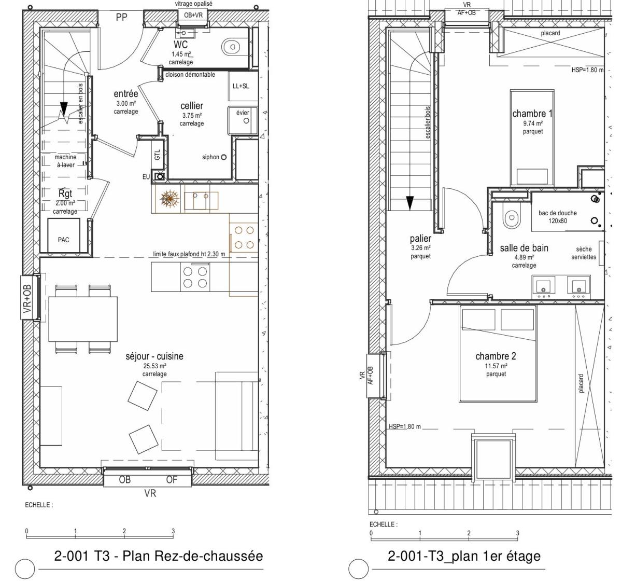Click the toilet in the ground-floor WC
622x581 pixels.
click(x=232, y=47)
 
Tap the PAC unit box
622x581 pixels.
click(x=64, y=236)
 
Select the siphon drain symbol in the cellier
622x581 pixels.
click(x=223, y=157)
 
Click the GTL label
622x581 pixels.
click(x=157, y=155)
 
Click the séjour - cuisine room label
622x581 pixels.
click(x=154, y=356)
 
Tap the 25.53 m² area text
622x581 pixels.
click(x=154, y=366)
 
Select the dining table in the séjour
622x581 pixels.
click(x=83, y=319)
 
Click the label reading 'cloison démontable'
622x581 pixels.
click(x=190, y=75)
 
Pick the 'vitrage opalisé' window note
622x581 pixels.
click(x=193, y=4)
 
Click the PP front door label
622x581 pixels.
click(x=121, y=17)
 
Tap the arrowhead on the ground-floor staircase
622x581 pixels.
click(x=64, y=108)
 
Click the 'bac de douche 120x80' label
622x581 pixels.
click(x=558, y=217)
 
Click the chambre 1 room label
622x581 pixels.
click(x=532, y=114)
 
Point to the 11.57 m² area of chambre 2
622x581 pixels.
click(x=496, y=366)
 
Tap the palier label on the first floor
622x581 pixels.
click(x=420, y=239)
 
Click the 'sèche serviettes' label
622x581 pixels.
click(x=584, y=253)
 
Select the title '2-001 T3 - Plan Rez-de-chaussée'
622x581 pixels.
click(x=159, y=556)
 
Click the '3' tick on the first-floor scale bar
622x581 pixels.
click(x=518, y=533)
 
